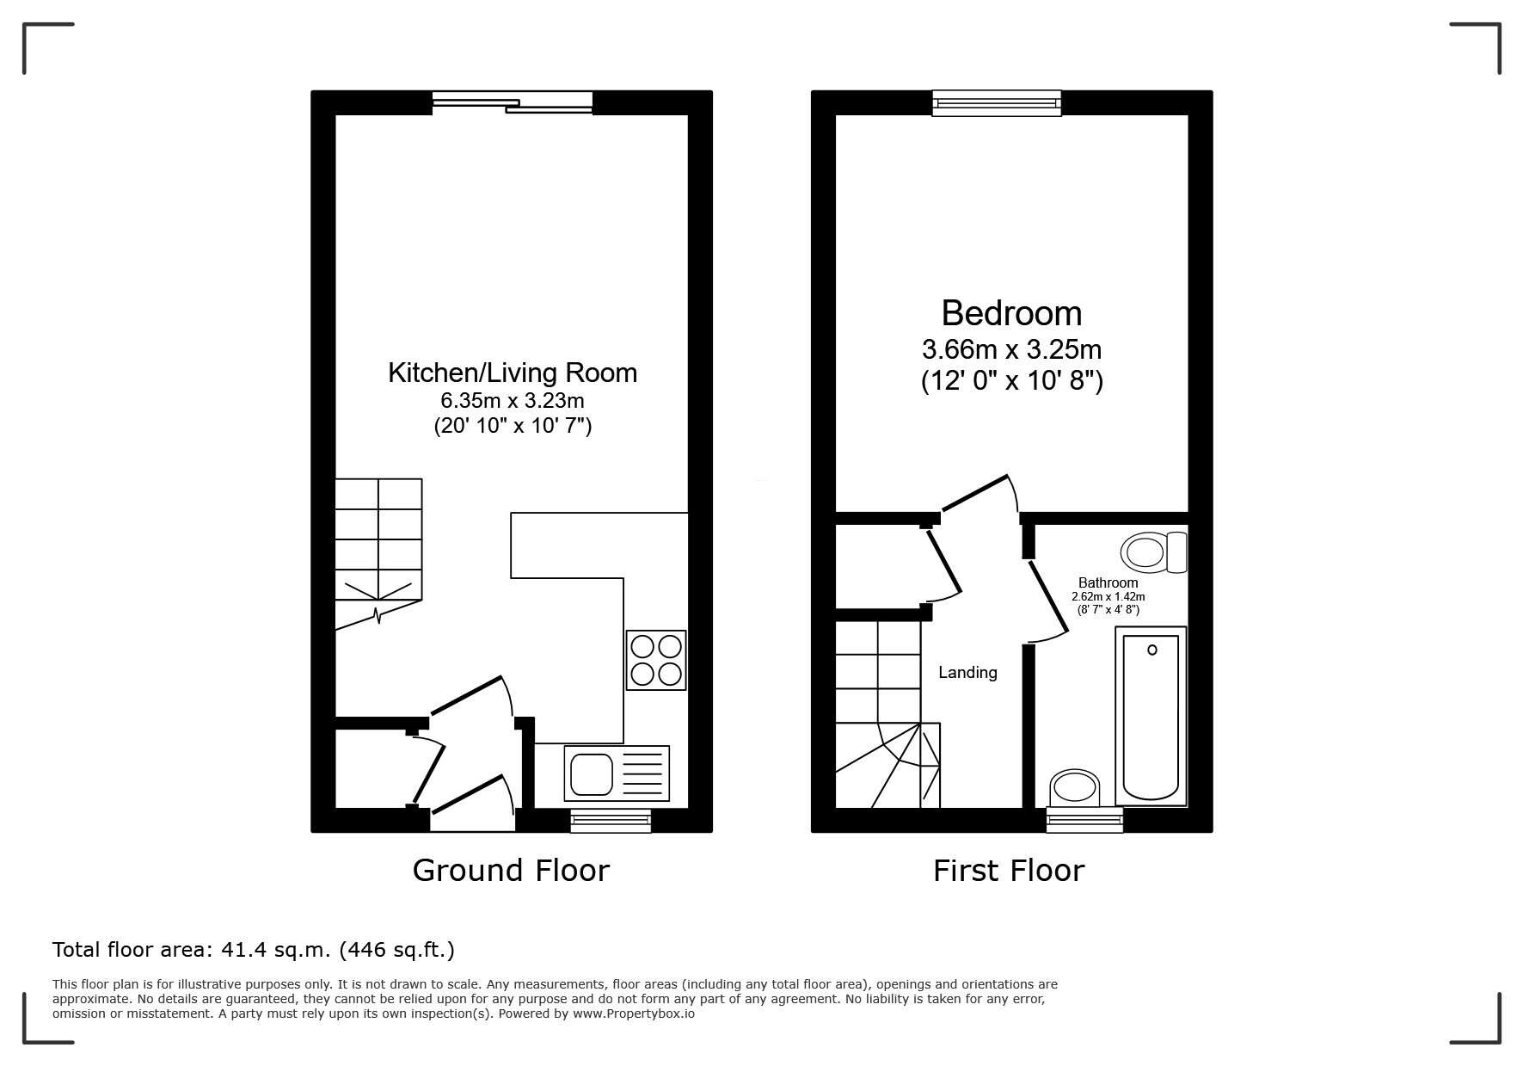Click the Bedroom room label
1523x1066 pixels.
pyautogui.click(x=1011, y=313)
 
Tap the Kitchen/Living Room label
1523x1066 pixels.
pyautogui.click(x=513, y=373)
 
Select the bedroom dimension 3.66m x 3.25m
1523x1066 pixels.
pyautogui.click(x=1011, y=350)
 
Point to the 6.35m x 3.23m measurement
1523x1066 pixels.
pyautogui.click(x=513, y=400)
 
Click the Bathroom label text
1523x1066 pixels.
pyautogui.click(x=1108, y=582)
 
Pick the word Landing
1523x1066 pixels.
pyautogui.click(x=967, y=673)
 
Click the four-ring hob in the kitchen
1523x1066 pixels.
pyautogui.click(x=657, y=660)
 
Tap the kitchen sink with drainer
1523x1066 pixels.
pyautogui.click(x=617, y=773)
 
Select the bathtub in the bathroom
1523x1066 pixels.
pyautogui.click(x=1151, y=716)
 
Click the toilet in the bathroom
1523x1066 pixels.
pyautogui.click(x=1154, y=551)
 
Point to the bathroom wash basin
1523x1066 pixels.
pyautogui.click(x=1075, y=787)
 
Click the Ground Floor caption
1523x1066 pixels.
pyautogui.click(x=511, y=871)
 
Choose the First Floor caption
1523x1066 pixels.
pyautogui.click(x=1009, y=871)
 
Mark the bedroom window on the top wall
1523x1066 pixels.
pyautogui.click(x=997, y=103)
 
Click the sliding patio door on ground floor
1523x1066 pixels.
pyautogui.click(x=513, y=102)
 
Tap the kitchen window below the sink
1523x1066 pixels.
pyautogui.click(x=611, y=821)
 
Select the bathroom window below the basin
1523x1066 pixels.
pyautogui.click(x=1084, y=821)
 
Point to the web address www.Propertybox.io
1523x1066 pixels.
pyautogui.click(x=634, y=1014)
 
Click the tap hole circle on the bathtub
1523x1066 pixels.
pyautogui.click(x=1151, y=650)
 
